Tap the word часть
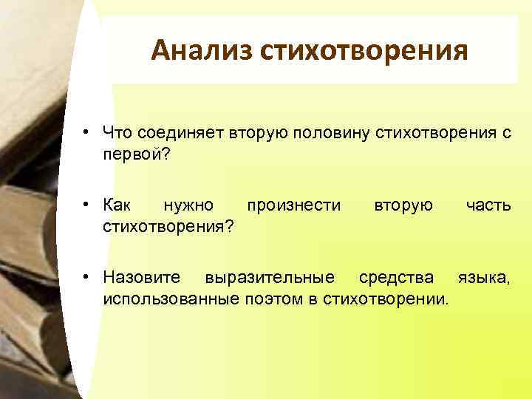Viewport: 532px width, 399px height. [487, 204]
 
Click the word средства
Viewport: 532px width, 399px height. [396, 277]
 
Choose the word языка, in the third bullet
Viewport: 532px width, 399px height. [483, 277]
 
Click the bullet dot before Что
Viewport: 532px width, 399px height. [86, 132]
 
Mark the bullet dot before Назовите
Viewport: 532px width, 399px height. [86, 278]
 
